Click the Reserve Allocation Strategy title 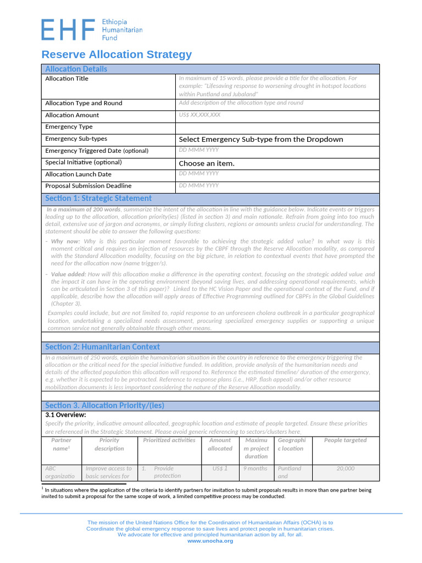pyautogui.click(x=117, y=54)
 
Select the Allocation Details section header pyautogui.click(x=76, y=69)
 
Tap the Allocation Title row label pyautogui.click(x=66, y=79)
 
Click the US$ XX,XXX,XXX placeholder pyautogui.click(x=199, y=115)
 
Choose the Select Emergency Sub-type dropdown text pyautogui.click(x=261, y=139)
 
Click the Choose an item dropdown pyautogui.click(x=207, y=163)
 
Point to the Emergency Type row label pyautogui.click(x=69, y=127)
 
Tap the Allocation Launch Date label pyautogui.click(x=78, y=174)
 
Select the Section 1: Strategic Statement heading pyautogui.click(x=98, y=198)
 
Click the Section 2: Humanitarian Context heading pyautogui.click(x=102, y=347)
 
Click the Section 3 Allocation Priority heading pyautogui.click(x=104, y=406)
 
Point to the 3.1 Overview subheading pyautogui.click(x=65, y=415)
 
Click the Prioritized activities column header pyautogui.click(x=169, y=440)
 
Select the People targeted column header pyautogui.click(x=345, y=440)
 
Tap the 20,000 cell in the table pyautogui.click(x=345, y=468)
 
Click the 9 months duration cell pyautogui.click(x=256, y=468)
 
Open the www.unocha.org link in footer pyautogui.click(x=210, y=541)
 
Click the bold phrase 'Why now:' pyautogui.click(x=66, y=241)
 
